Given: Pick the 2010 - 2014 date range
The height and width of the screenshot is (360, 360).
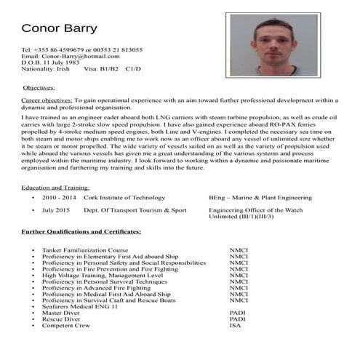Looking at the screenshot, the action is (x=59, y=197).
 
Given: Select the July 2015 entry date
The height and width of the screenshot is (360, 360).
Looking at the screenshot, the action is (x=57, y=210).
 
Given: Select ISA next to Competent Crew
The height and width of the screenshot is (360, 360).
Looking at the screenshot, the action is (x=235, y=325).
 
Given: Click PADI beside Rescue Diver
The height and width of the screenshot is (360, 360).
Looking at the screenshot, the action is (x=237, y=319).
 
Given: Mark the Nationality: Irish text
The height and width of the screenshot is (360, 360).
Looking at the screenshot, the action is (x=47, y=70).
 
